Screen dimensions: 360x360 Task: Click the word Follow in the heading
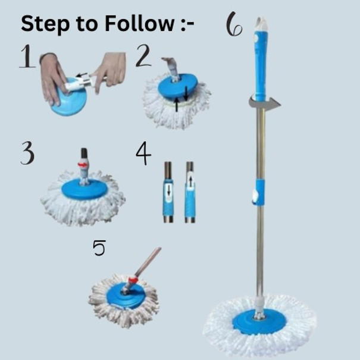coord(139,23)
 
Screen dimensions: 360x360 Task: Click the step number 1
coord(27,57)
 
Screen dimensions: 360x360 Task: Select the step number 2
coord(143,56)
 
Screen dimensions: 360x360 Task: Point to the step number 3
coord(27,153)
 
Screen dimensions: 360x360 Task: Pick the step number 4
coord(143,153)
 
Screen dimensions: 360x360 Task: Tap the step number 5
coord(99,248)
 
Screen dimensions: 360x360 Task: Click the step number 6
coord(234,24)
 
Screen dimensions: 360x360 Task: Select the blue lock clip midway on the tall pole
coord(258,192)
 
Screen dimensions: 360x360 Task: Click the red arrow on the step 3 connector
coord(83,164)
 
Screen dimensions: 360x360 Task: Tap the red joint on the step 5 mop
coord(132,280)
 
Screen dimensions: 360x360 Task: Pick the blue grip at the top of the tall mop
coord(261,66)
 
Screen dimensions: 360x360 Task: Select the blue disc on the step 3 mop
coord(84,189)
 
